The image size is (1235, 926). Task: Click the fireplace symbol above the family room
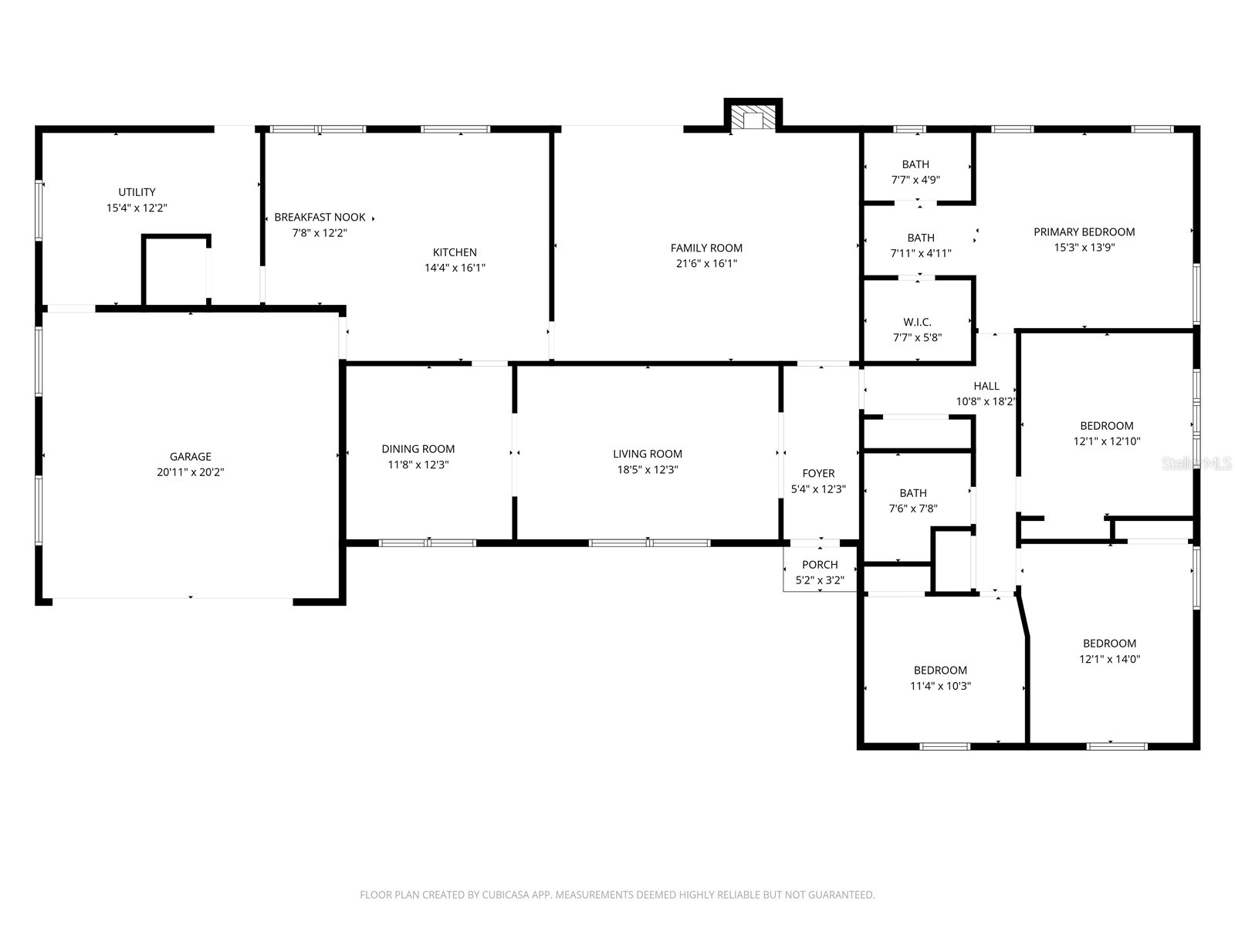(x=753, y=118)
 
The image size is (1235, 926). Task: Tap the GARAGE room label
(x=191, y=457)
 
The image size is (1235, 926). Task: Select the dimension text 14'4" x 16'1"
(x=455, y=268)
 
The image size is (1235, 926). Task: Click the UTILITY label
(x=137, y=192)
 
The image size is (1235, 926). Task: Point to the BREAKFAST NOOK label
(x=320, y=218)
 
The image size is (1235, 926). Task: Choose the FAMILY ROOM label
(x=706, y=248)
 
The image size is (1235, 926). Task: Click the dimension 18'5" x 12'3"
(x=648, y=469)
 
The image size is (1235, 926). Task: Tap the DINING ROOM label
(x=418, y=449)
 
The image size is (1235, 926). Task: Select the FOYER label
(x=818, y=474)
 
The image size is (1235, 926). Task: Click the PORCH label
(x=820, y=565)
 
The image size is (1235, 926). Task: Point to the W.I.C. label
(x=917, y=322)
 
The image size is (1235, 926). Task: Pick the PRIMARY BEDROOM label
(x=1084, y=231)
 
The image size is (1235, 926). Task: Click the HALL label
(x=986, y=386)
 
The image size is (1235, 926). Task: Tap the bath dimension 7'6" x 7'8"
(x=912, y=509)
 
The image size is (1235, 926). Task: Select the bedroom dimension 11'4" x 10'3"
(x=940, y=686)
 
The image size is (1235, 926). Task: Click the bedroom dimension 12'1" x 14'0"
(x=1109, y=659)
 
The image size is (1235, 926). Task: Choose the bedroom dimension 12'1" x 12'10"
(x=1106, y=441)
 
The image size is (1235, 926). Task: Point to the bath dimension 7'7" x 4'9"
(x=915, y=180)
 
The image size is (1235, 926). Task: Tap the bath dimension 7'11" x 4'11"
(x=920, y=253)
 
